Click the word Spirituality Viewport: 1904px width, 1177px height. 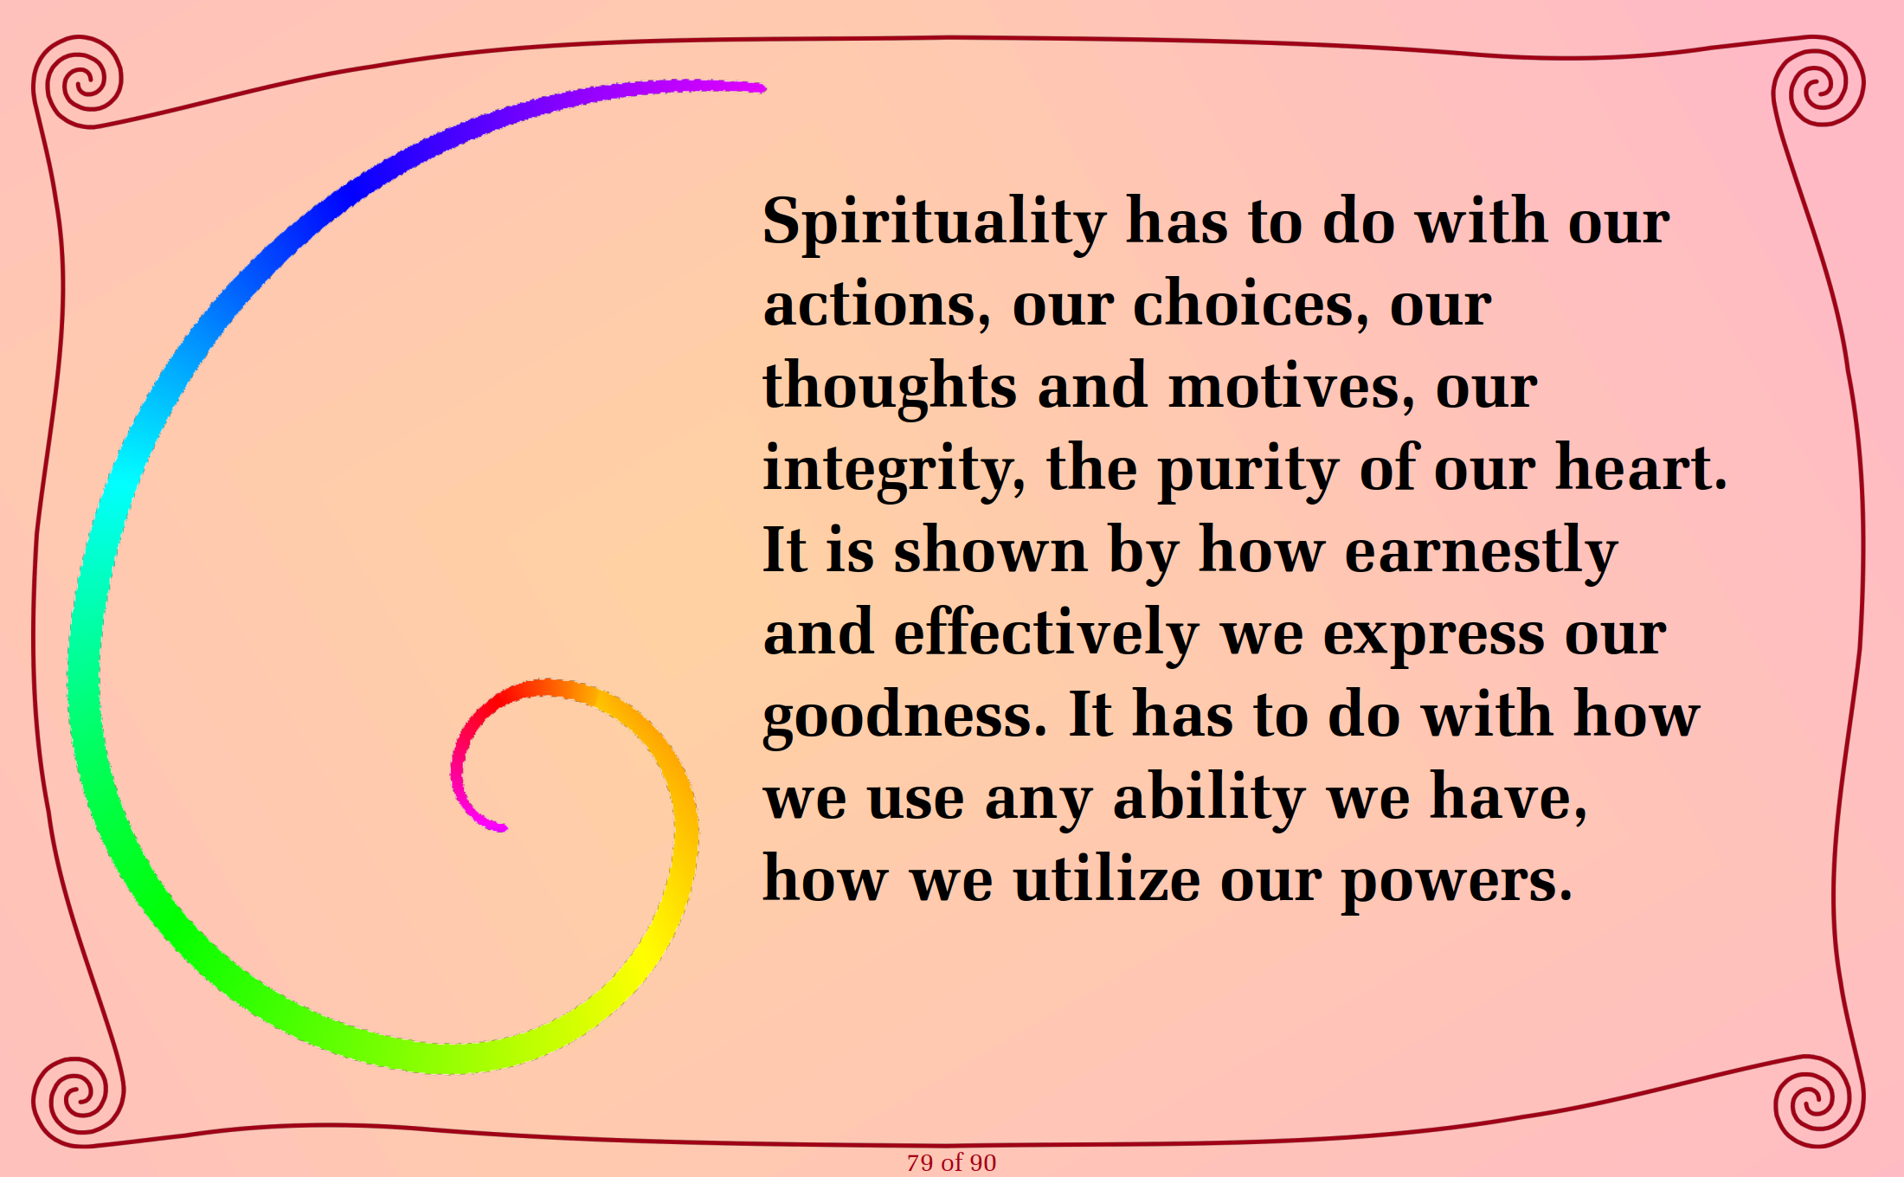coord(935,223)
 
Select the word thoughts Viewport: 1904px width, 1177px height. coord(890,386)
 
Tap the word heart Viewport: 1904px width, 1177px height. coord(1641,467)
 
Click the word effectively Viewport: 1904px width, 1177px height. coord(1046,634)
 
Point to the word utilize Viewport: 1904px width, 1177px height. coord(1107,879)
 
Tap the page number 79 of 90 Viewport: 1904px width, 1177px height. coord(951,1162)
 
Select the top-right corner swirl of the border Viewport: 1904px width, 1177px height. coord(1818,83)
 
